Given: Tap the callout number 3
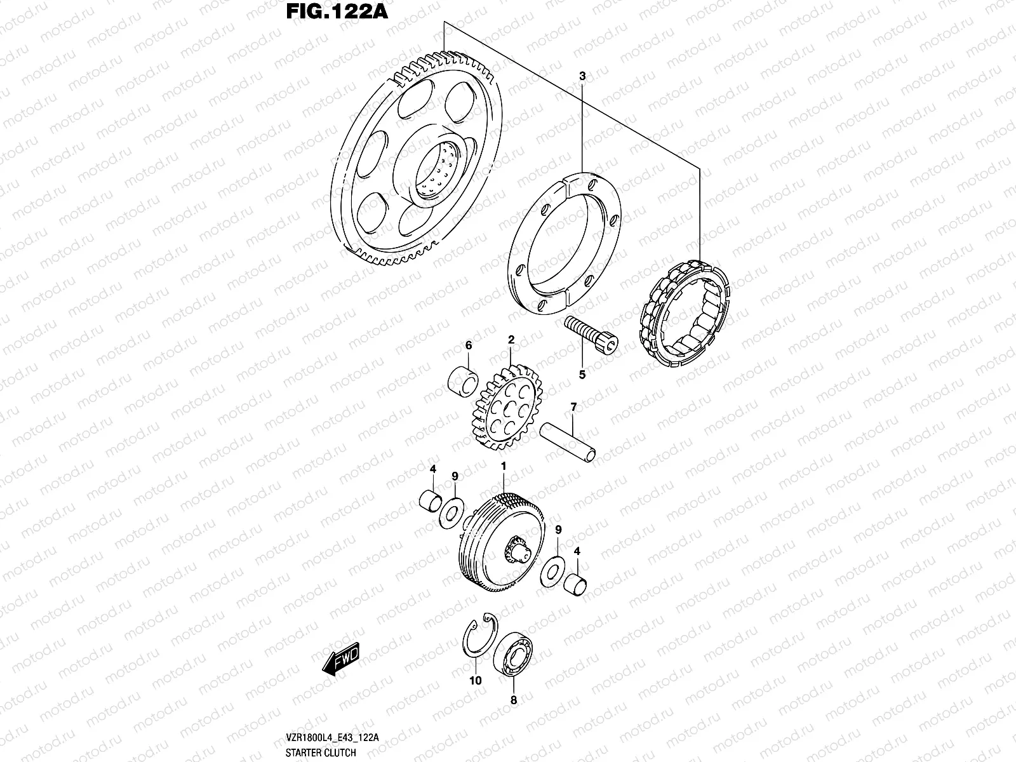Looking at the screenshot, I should [x=582, y=76].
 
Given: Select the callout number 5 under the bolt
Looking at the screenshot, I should [x=582, y=375].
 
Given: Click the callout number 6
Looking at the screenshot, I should [x=469, y=345].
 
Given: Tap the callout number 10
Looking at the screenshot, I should [x=476, y=681].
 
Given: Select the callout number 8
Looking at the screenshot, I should [x=514, y=700].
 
